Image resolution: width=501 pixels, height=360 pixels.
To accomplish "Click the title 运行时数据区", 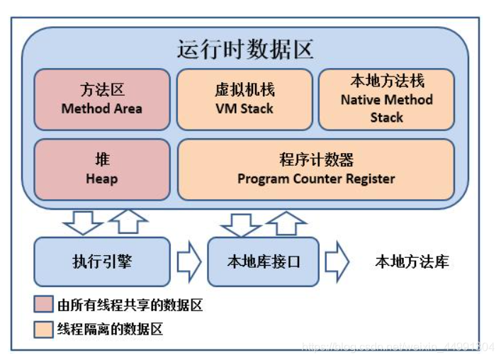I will pos(244,50).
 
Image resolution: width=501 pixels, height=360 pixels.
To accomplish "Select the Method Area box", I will pos(102,99).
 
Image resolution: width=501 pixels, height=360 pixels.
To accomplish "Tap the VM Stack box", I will pos(244,99).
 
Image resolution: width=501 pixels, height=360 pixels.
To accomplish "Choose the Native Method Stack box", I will pos(386,99).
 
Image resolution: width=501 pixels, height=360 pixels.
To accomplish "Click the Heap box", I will pos(102,169).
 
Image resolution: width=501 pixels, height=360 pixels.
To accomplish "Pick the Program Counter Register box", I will pos(316,169).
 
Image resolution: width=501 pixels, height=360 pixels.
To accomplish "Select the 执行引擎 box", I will pos(102,261).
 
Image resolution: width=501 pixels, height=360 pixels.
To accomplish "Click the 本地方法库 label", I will pos(412,261).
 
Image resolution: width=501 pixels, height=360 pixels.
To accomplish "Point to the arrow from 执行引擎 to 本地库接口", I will pos(188,261).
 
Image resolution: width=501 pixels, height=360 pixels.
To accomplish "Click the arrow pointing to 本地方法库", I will pos(337,261).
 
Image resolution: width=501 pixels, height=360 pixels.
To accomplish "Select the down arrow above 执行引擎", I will pos(83,222).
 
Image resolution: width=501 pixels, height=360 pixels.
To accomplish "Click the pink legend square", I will pos(43,305).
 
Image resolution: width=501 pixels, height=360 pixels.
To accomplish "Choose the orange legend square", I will pos(43,329).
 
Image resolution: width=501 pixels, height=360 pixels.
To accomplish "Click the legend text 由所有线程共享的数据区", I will pos(130,305).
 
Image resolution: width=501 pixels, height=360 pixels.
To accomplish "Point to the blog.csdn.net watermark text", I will pos(398,347).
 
